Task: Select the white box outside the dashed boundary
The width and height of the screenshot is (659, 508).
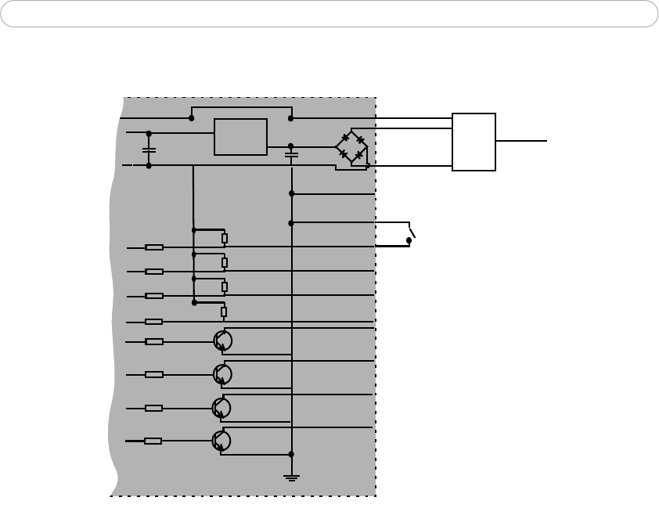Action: tap(474, 142)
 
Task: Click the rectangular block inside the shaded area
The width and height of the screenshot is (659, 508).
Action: tap(241, 137)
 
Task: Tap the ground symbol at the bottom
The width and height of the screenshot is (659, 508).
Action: tap(291, 477)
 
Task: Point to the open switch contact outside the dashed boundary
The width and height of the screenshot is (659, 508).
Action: tap(412, 233)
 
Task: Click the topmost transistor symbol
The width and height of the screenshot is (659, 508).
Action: tap(222, 340)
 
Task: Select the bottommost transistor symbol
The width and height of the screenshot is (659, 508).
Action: tap(222, 441)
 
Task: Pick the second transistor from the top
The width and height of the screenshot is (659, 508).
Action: tap(222, 374)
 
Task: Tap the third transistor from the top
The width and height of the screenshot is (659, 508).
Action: tap(222, 407)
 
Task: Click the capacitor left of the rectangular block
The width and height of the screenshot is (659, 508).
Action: tap(149, 149)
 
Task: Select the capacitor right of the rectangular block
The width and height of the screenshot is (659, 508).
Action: tap(291, 155)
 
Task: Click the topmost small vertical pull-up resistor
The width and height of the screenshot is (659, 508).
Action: tap(224, 239)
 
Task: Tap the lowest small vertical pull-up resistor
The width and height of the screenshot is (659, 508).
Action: tap(224, 312)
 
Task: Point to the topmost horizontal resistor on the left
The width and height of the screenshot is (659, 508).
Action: tap(154, 247)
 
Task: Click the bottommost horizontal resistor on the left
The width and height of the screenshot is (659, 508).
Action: tap(153, 441)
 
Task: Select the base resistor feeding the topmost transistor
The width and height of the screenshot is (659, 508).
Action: tap(154, 341)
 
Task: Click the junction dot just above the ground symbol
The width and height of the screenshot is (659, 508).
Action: tap(291, 453)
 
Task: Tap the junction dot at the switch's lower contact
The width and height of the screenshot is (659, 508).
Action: tap(409, 241)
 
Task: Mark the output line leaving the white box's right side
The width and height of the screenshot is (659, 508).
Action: tap(521, 141)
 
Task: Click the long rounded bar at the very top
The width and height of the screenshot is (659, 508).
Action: tap(329, 14)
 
